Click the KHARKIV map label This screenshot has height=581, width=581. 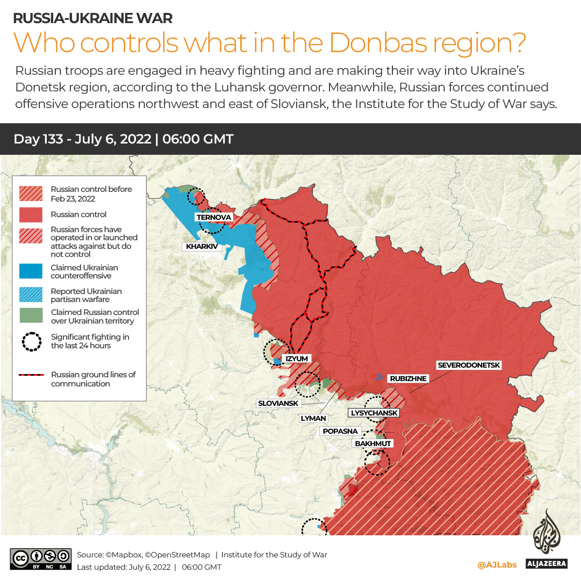(203, 247)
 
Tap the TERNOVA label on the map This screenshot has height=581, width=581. (214, 217)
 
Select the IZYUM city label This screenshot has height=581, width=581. (297, 358)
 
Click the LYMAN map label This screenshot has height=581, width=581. (313, 418)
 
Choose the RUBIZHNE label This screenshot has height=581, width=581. (408, 378)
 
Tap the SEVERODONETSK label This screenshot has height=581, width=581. (469, 365)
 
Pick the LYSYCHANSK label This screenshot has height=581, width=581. (375, 413)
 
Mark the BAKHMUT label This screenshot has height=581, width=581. (372, 443)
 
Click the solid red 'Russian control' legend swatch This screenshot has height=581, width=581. (31, 214)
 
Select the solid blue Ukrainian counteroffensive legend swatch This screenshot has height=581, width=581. (31, 271)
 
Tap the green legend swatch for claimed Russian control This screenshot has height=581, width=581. (31, 316)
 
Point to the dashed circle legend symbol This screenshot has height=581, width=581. (31, 341)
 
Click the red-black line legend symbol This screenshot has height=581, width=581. (31, 375)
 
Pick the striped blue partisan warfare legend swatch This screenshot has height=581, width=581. (31, 295)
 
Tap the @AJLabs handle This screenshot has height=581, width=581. (497, 564)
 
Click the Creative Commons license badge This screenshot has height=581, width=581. (40, 559)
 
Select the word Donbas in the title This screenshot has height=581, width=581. (383, 44)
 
